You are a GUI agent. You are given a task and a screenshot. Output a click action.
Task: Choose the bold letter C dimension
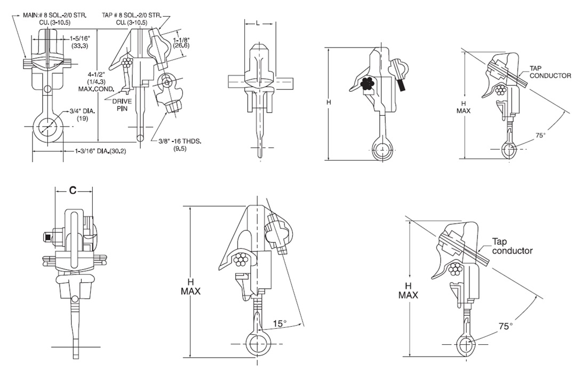click(x=74, y=189)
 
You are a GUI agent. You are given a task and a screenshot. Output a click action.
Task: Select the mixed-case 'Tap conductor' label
click(x=512, y=246)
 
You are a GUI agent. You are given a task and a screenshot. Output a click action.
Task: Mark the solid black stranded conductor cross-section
click(x=366, y=83)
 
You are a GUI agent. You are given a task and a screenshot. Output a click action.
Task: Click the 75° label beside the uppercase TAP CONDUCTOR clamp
click(x=540, y=136)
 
